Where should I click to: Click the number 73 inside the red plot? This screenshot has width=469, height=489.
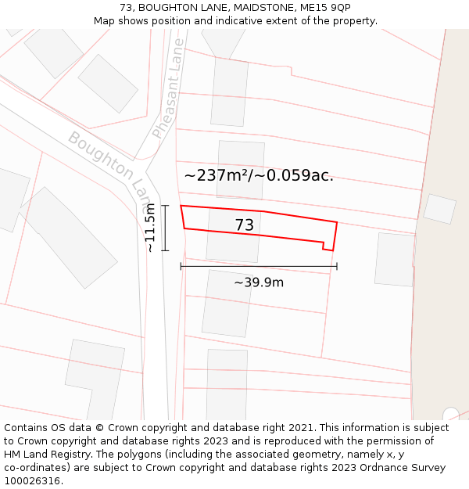click(245, 225)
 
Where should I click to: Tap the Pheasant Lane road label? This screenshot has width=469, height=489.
click(169, 88)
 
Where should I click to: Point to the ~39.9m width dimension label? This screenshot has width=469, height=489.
click(259, 282)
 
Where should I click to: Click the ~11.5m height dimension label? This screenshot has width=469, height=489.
click(151, 228)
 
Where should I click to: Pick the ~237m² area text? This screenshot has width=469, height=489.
click(216, 175)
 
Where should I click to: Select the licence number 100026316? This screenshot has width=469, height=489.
click(32, 481)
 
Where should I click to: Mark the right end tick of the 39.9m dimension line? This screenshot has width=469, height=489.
click(337, 266)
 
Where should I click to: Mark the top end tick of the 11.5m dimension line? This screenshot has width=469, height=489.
click(165, 205)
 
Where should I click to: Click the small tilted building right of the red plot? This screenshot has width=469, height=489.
click(439, 209)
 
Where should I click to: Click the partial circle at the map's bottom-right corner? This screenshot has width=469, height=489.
click(451, 414)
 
